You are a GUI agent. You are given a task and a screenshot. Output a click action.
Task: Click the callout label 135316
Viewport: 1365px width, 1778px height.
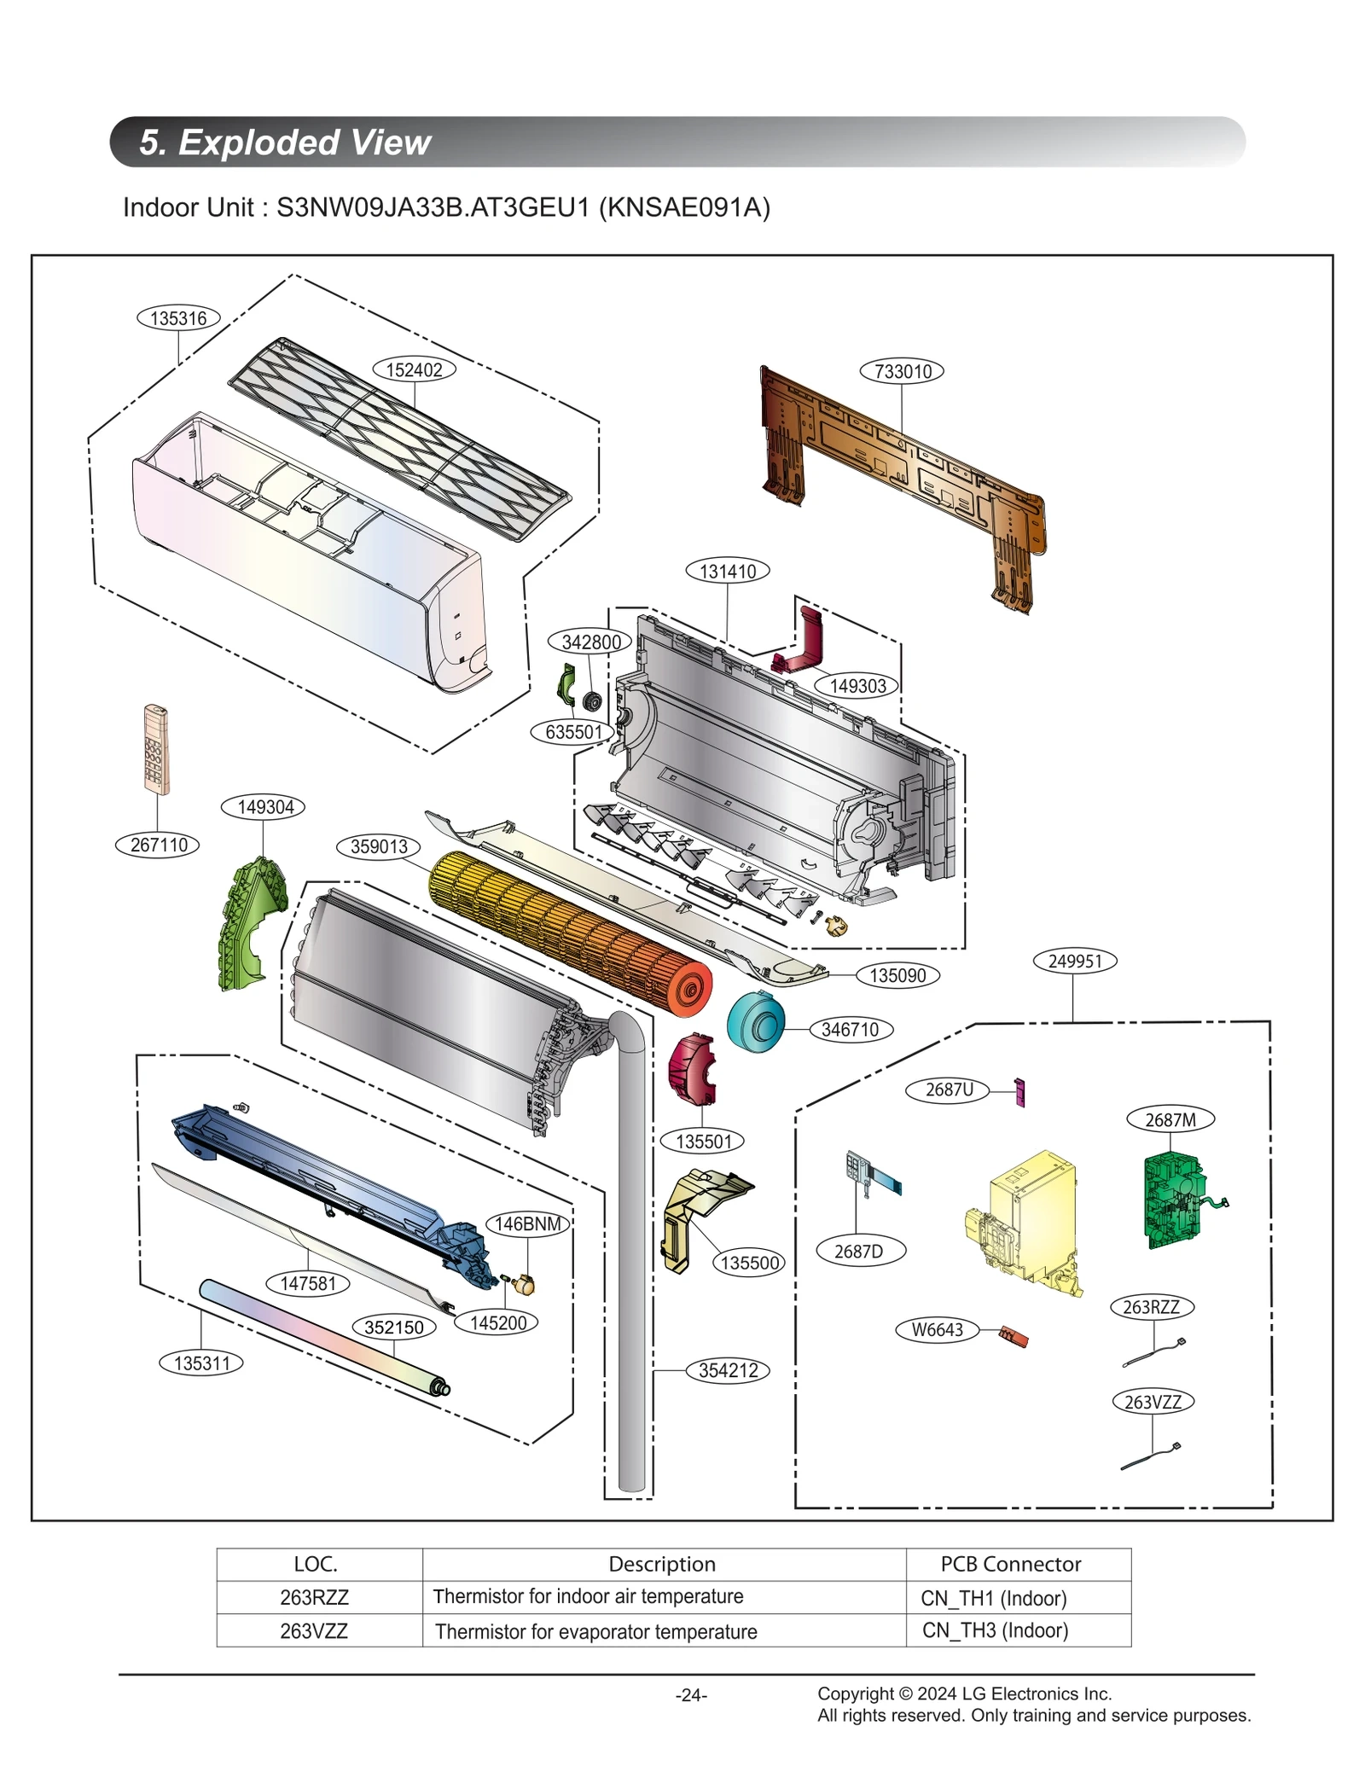178,318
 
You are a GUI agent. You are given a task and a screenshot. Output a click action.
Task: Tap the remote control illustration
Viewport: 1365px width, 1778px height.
155,749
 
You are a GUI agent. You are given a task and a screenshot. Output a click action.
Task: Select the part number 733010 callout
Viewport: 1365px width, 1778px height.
903,371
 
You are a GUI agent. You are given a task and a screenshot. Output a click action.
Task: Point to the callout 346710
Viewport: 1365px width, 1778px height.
850,1030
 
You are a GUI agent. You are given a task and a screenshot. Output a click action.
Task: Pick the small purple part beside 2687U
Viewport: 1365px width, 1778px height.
1019,1091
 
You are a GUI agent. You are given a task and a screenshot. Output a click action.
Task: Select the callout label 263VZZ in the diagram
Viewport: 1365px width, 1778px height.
1153,1402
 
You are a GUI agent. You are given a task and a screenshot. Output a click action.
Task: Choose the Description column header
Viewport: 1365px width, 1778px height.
663,1564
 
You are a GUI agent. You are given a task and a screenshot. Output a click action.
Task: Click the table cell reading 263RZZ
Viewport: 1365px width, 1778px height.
315,1597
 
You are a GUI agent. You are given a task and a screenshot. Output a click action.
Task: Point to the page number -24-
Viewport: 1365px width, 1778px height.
691,1695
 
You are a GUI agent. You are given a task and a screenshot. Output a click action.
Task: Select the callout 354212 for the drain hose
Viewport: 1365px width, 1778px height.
728,1370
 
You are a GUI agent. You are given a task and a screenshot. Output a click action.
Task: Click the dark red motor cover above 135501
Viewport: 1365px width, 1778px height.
693,1070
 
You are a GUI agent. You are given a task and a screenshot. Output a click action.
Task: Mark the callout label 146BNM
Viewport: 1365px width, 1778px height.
527,1223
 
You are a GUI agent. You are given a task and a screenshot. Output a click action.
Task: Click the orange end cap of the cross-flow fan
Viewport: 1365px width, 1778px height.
688,989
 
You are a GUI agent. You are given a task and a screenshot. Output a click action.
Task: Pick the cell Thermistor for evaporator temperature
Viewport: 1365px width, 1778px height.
595,1631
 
